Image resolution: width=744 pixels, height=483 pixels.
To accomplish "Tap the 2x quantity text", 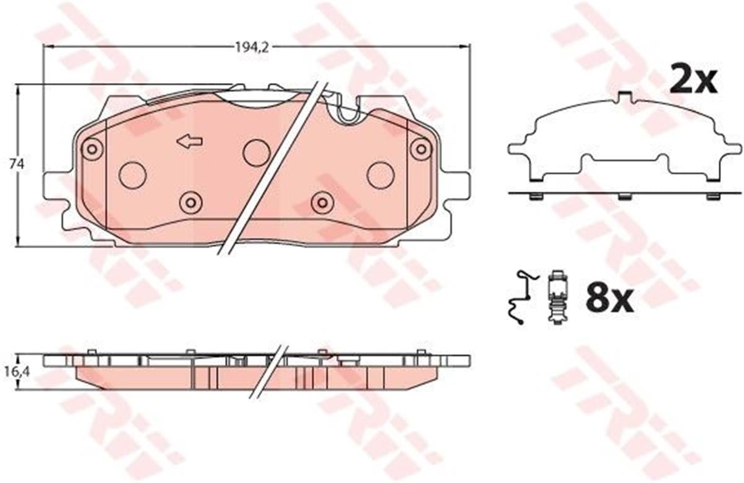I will (693, 81).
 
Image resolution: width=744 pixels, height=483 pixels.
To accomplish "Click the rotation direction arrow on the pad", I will (190, 142).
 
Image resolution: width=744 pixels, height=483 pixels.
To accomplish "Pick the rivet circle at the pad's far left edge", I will (92, 148).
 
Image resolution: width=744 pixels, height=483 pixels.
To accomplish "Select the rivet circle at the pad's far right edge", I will (421, 148).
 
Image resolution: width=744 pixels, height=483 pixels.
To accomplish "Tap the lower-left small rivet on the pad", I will (190, 202).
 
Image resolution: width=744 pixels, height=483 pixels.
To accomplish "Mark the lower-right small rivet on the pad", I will (322, 202).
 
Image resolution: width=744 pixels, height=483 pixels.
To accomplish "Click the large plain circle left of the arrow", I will (132, 175).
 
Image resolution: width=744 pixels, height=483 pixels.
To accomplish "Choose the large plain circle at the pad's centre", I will (256, 153).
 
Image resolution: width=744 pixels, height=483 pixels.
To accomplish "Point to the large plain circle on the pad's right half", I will (380, 175).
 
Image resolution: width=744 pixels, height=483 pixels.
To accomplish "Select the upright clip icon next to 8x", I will (557, 298).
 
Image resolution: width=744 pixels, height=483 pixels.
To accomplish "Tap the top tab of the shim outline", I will (626, 97).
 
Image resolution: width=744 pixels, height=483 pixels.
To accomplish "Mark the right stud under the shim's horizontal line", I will (713, 197).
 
